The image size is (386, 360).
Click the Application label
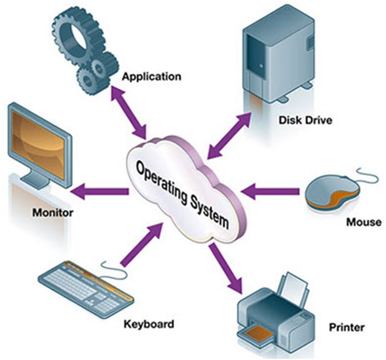(151, 77)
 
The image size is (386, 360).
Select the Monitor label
(52, 213)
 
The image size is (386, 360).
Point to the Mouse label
(363, 221)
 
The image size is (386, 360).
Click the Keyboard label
(148, 324)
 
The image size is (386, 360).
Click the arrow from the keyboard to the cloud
(137, 246)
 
